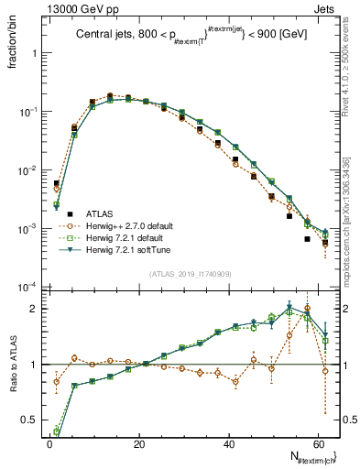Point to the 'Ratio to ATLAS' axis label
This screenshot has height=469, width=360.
click(11, 363)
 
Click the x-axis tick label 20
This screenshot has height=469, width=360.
click(138, 443)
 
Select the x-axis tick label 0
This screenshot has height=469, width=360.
click(49, 443)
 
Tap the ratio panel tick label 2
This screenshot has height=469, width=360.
click(36, 308)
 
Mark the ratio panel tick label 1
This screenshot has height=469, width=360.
click(36, 365)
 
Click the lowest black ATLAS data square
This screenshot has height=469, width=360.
click(308, 239)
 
